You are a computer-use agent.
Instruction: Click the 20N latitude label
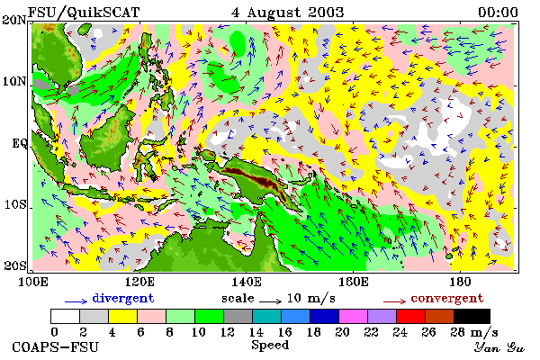tap(14, 20)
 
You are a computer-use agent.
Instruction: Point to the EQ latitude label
tap(20, 143)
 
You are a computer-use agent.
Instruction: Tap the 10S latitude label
tap(15, 204)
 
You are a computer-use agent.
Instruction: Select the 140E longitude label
tap(246, 282)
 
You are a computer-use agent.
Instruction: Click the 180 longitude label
tap(460, 282)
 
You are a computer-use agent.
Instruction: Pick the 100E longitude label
tap(33, 282)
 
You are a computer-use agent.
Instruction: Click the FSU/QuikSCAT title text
tap(84, 13)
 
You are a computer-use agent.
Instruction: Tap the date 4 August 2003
tap(288, 13)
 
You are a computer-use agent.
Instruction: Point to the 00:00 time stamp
tap(498, 13)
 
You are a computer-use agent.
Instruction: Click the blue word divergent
tap(123, 298)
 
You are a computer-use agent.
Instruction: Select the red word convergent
tap(447, 298)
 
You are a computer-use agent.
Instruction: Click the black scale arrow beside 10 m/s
tap(271, 301)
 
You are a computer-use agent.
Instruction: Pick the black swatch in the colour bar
tap(472, 316)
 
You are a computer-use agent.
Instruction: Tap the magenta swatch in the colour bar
tap(353, 316)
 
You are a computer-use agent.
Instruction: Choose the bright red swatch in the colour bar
tap(410, 316)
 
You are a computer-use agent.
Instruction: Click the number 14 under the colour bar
tap(256, 332)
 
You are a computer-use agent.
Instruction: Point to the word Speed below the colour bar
tap(270, 346)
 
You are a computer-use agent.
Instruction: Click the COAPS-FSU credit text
tap(56, 346)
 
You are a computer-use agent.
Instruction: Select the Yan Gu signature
tap(499, 348)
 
